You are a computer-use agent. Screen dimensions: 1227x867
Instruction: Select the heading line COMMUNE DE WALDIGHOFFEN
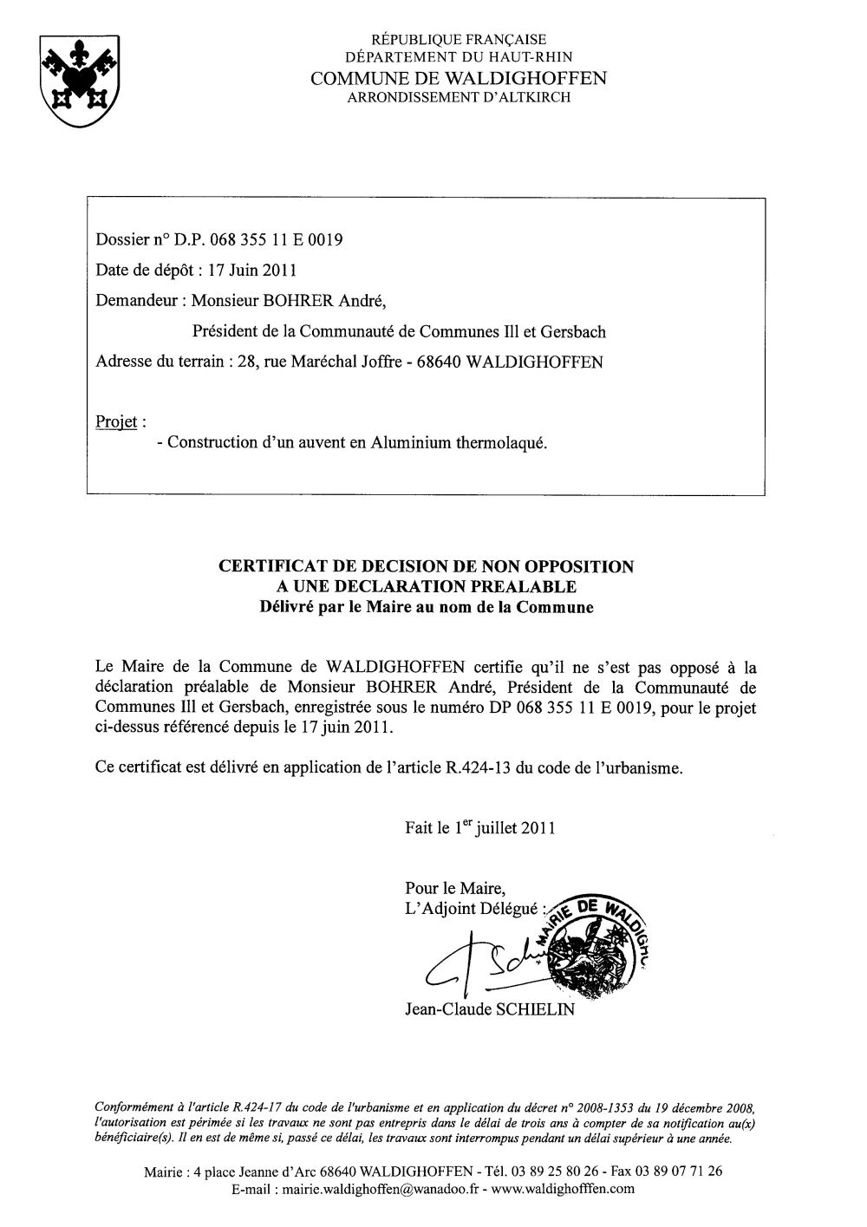(459, 78)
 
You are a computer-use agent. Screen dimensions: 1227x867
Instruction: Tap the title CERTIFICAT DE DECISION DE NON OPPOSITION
(426, 567)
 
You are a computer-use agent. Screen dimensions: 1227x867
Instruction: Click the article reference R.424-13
(478, 767)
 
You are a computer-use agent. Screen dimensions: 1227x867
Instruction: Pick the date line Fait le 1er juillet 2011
(479, 827)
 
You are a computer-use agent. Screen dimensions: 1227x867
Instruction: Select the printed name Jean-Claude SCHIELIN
(489, 1010)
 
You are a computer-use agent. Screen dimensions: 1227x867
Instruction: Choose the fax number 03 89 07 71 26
(669, 1172)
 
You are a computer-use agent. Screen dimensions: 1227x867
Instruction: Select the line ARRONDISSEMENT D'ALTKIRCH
(459, 98)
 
